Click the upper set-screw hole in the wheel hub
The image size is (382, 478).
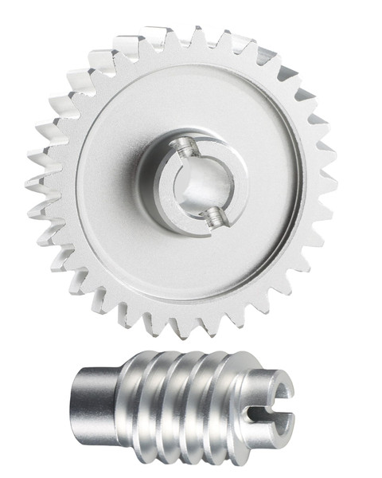(x=184, y=147)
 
